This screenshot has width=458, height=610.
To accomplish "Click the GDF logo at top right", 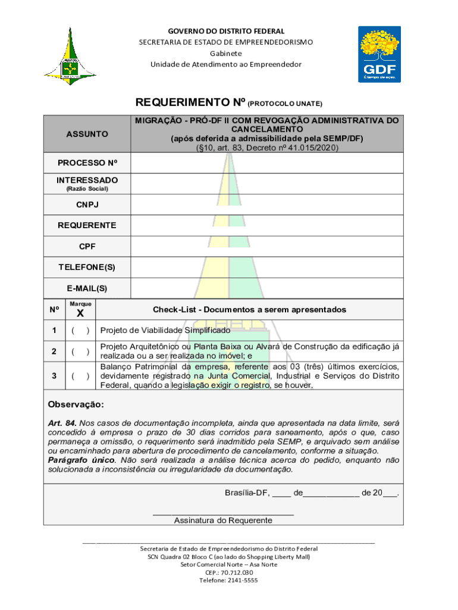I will tap(379, 55).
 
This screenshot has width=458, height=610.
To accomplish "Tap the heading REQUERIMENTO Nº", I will tap(186, 102).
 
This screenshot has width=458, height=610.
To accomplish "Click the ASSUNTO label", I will tap(87, 134).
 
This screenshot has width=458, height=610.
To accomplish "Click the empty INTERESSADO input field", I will tap(266, 183).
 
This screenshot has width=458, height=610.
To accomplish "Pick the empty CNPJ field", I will tap(266, 205).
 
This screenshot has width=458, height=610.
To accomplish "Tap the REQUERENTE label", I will tap(87, 226).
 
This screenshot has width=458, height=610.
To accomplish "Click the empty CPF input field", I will tap(266, 246).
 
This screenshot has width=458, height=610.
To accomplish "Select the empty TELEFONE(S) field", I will tap(266, 267).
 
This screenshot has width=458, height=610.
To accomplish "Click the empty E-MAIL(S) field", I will tap(266, 288).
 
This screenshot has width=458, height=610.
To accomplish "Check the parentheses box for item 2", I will tap(80, 351).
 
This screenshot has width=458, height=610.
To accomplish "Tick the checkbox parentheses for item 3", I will tap(80, 376).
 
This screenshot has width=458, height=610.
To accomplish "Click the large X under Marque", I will tap(80, 314).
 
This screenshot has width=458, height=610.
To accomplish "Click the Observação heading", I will tap(76, 405).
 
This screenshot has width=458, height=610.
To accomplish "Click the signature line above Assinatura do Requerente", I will tap(223, 512).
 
